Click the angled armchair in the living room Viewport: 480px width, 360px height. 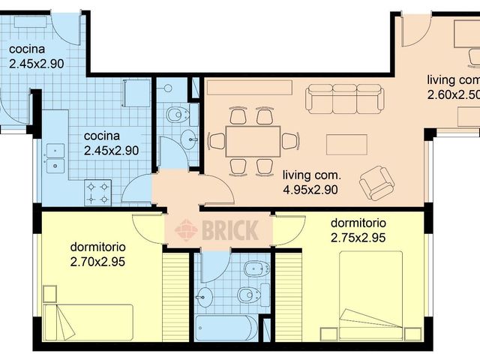[375, 182]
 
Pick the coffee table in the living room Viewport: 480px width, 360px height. [346, 144]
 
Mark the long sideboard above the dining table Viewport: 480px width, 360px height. [249, 87]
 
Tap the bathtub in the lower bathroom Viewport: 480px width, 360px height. [223, 328]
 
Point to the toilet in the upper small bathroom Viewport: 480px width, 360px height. [178, 115]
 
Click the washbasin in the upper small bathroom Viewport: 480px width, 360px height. [190, 138]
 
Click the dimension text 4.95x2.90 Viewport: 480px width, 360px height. [310, 189]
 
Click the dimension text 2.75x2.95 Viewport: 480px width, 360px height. [358, 237]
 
